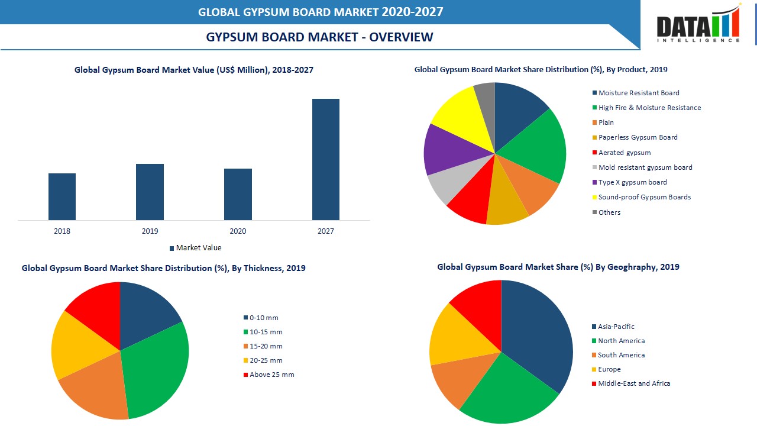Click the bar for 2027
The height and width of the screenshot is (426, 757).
(326, 160)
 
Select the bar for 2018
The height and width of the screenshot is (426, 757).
(62, 196)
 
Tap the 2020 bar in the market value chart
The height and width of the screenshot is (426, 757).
(238, 194)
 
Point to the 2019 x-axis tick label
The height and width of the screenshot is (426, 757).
(150, 231)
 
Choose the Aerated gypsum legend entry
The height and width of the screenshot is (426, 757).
(624, 153)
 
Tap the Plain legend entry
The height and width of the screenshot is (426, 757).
(606, 122)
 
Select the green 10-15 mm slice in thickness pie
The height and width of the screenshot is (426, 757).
(157, 367)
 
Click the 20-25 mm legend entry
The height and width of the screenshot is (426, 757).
(265, 360)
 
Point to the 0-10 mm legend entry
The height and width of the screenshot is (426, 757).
(263, 318)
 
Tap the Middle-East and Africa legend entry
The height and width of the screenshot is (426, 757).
(633, 383)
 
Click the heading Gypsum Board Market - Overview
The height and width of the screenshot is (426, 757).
(319, 37)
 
